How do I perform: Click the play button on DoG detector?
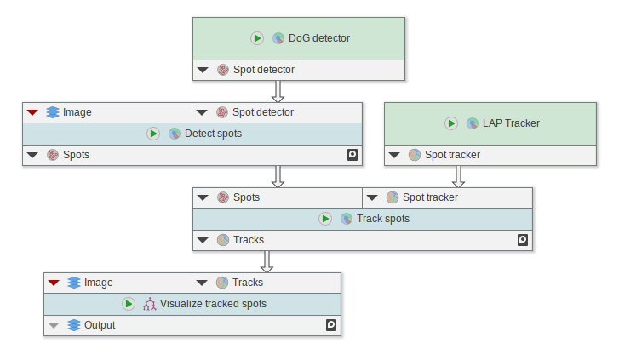[256, 38]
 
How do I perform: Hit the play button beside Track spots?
[324, 219]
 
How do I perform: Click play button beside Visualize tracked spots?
[128, 304]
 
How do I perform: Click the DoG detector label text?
[319, 38]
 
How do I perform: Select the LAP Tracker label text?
[511, 123]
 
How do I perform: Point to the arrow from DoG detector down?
[278, 91]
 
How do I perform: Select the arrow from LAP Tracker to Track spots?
[458, 176]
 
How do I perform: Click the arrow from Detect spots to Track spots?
[278, 176]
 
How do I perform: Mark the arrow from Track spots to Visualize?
[267, 261]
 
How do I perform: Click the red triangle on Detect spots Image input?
[32, 112]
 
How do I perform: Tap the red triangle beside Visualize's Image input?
[54, 283]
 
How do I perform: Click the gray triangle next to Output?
[54, 325]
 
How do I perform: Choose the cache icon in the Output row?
[331, 325]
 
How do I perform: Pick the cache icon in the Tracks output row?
[523, 240]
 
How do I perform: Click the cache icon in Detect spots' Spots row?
[352, 155]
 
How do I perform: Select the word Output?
[100, 325]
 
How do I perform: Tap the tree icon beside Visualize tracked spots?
[149, 304]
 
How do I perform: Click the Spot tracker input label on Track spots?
[430, 197]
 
